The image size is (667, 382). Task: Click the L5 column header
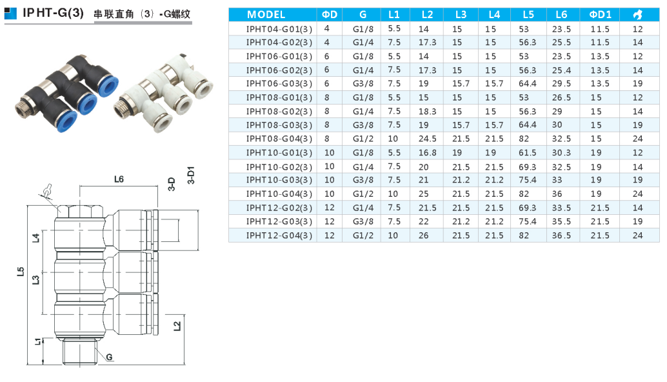click(x=528, y=14)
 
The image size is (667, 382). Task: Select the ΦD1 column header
click(x=600, y=14)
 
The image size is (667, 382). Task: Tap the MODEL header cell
click(x=266, y=14)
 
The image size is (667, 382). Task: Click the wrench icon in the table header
click(x=637, y=14)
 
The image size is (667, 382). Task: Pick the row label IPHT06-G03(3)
click(x=279, y=84)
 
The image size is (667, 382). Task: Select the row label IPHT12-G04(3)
click(x=279, y=236)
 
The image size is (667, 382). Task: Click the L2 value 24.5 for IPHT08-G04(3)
click(x=427, y=139)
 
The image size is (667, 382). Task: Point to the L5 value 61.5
click(x=528, y=153)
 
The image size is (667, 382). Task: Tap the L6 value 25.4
click(x=561, y=70)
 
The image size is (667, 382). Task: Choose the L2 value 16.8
click(x=427, y=153)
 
